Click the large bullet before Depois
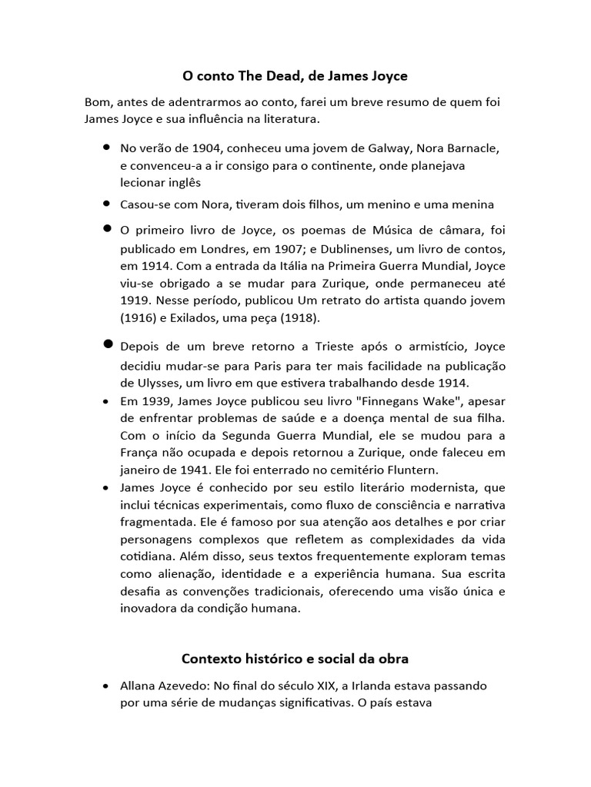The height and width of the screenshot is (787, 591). tap(107, 344)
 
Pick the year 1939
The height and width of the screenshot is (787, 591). tap(154, 401)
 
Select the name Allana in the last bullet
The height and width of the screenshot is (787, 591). tap(139, 686)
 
